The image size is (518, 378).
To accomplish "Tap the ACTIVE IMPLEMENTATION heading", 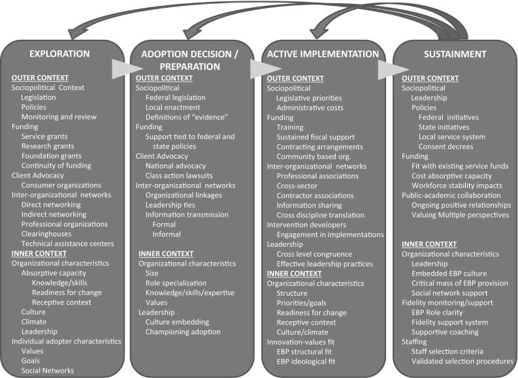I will click(x=323, y=54).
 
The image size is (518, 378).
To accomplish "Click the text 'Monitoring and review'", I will click(x=59, y=117).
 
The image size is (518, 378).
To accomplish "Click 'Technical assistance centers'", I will click(x=68, y=244).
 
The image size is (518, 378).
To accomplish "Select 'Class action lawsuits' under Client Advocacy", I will click(x=179, y=176).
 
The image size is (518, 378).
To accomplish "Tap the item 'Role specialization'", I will click(x=176, y=283).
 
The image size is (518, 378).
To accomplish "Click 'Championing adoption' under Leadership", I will click(x=183, y=332).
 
